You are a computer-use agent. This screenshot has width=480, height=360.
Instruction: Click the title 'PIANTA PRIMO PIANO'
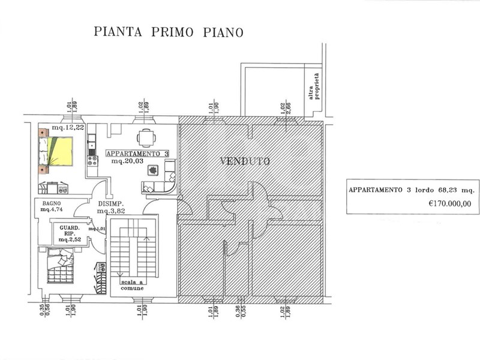169,32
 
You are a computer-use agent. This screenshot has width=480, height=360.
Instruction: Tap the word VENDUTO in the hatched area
245,161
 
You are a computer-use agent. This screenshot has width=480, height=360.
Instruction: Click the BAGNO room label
48,203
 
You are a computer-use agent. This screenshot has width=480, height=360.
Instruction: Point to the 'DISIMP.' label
110,204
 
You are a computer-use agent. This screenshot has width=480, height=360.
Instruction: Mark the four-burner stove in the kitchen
93,161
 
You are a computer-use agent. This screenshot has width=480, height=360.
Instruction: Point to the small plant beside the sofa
153,170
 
